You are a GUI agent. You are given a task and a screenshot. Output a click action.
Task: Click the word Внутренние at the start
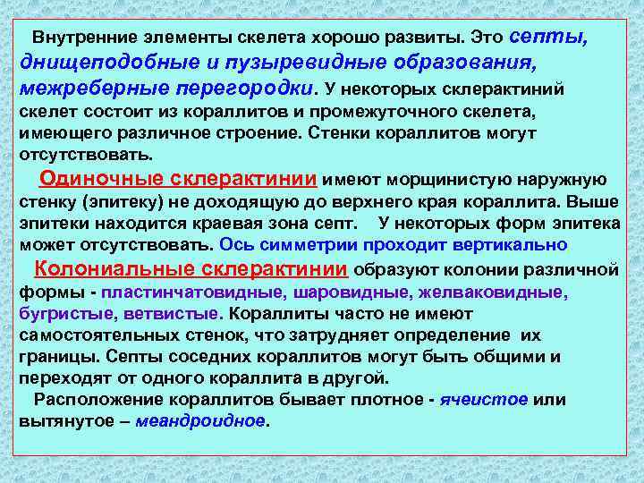pos(75,40)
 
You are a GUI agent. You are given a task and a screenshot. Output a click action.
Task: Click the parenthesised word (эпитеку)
pos(102,200)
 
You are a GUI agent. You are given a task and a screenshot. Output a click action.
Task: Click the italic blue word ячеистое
pos(483,399)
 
